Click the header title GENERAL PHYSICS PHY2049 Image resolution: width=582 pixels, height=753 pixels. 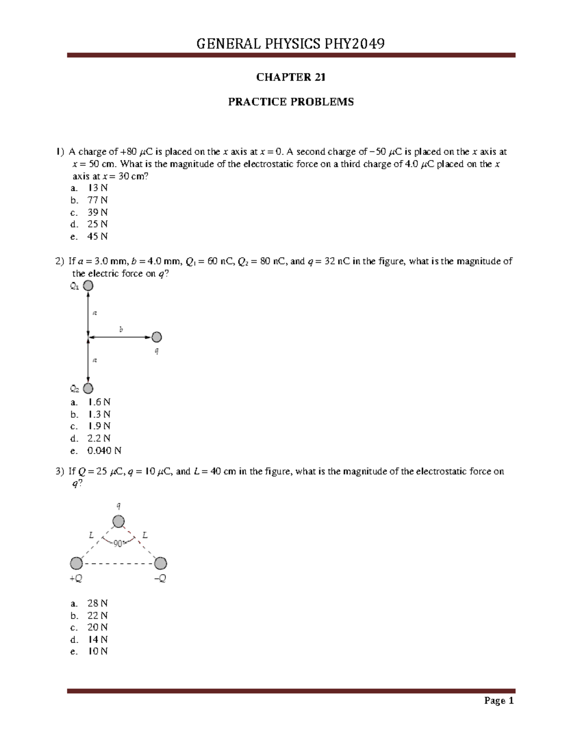click(291, 44)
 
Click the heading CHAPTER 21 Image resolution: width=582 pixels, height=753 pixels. click(291, 77)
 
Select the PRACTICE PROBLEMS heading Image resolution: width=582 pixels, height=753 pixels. click(291, 102)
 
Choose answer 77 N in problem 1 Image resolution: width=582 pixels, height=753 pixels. click(97, 200)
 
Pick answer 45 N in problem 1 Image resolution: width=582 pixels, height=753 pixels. click(97, 236)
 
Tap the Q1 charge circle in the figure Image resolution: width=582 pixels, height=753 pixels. click(88, 286)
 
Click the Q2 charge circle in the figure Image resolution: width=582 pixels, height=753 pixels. click(88, 388)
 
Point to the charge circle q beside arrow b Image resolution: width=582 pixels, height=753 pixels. click(157, 337)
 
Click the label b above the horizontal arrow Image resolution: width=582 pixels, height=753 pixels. click(121, 329)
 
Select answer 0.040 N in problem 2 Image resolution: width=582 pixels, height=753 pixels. click(104, 450)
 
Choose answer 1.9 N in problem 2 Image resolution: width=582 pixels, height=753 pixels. click(98, 426)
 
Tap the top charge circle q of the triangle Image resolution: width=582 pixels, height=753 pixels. click(119, 522)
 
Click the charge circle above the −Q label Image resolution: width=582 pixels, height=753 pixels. click(161, 563)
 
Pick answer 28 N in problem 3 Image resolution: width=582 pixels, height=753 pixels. click(97, 603)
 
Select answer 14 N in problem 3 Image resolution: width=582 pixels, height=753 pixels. click(97, 640)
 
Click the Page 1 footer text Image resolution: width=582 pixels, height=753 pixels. click(499, 701)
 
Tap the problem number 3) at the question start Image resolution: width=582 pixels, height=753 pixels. click(60, 471)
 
